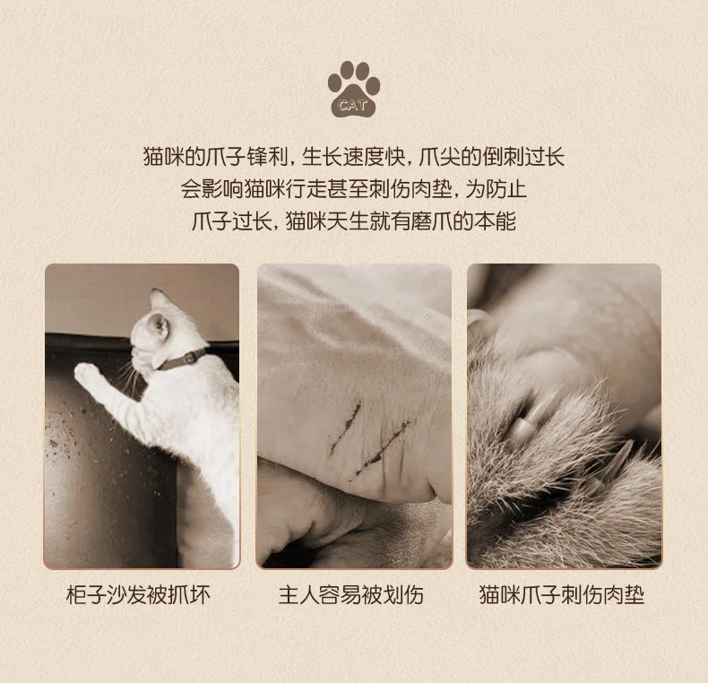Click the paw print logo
coord(353,89)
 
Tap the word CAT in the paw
coord(352,106)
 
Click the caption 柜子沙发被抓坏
coord(138,595)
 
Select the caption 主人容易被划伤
coord(351,595)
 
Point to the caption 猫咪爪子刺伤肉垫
coord(562,595)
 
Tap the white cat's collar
coord(182,360)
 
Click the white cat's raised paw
coord(87,374)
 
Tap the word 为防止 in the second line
coord(496,189)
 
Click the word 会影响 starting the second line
coord(212,189)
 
